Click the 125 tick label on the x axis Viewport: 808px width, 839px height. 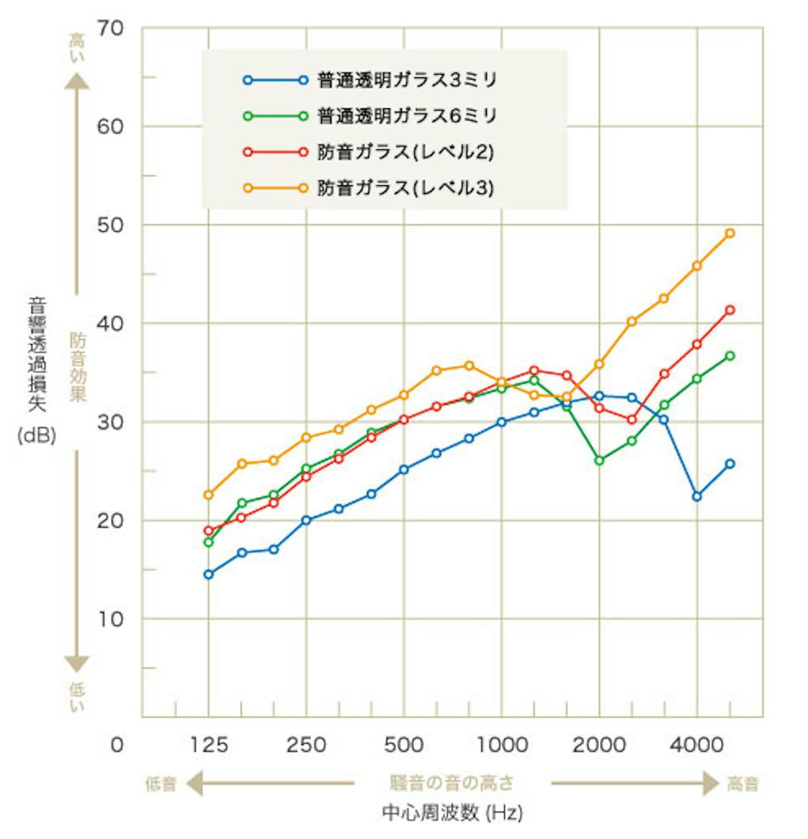(209, 745)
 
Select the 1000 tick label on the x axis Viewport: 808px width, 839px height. (502, 745)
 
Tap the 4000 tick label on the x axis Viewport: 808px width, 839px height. (697, 745)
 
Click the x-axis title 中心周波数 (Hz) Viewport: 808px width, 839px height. (452, 813)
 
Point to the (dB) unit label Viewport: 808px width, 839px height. (36, 436)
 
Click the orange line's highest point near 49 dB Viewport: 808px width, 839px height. (730, 234)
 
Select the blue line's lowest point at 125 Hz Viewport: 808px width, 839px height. (209, 574)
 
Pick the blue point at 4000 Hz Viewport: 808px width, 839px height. (697, 496)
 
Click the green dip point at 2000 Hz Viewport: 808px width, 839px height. (599, 461)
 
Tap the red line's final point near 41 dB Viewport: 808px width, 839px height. (730, 310)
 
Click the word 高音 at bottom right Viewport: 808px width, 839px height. (743, 784)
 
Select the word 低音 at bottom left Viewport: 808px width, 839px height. (161, 784)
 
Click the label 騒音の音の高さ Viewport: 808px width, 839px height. (452, 783)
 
